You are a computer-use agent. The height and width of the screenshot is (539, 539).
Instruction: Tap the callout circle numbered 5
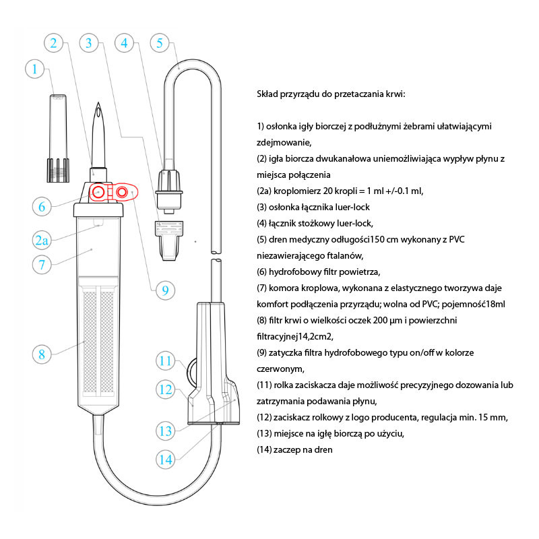(x=159, y=43)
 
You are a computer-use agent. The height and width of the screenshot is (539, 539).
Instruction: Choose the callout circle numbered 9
(x=164, y=290)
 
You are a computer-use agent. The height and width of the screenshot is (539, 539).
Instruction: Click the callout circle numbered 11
(x=168, y=360)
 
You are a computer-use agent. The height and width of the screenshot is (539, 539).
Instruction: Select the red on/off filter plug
(x=122, y=192)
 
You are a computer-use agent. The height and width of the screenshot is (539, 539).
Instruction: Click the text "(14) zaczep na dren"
(x=295, y=449)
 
